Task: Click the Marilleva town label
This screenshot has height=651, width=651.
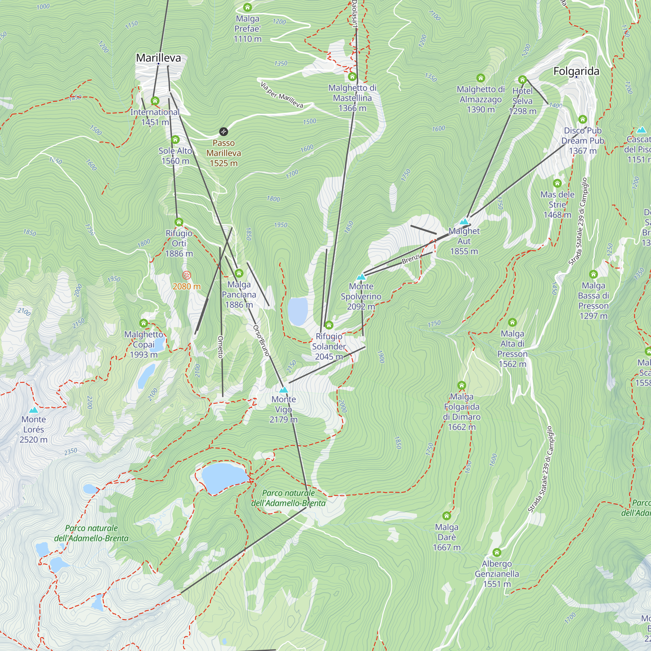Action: pyautogui.click(x=159, y=58)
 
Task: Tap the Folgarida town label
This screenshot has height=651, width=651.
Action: pyautogui.click(x=576, y=71)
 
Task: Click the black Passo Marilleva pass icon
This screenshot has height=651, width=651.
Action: pyautogui.click(x=223, y=132)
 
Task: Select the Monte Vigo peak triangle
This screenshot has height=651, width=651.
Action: pyautogui.click(x=284, y=390)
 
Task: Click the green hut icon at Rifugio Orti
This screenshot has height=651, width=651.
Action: pyautogui.click(x=179, y=222)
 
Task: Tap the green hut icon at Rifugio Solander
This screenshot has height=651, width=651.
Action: pyautogui.click(x=329, y=325)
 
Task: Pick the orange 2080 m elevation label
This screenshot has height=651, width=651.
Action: pyautogui.click(x=186, y=286)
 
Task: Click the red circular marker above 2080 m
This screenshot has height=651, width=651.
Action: pyautogui.click(x=186, y=275)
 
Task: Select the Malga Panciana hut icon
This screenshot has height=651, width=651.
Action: pyautogui.click(x=239, y=273)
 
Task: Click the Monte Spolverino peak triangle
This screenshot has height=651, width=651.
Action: pyautogui.click(x=361, y=277)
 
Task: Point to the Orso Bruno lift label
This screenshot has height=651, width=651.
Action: pyautogui.click(x=261, y=340)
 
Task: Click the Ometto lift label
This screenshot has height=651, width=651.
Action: pyautogui.click(x=220, y=347)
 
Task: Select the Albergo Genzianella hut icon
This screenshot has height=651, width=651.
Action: pyautogui.click(x=497, y=553)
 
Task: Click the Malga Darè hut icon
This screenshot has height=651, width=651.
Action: pyautogui.click(x=447, y=516)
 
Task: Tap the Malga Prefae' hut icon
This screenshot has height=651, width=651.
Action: pyautogui.click(x=247, y=7)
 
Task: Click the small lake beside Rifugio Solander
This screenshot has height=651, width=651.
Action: pyautogui.click(x=298, y=311)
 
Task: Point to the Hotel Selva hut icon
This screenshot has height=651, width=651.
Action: pyautogui.click(x=522, y=80)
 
